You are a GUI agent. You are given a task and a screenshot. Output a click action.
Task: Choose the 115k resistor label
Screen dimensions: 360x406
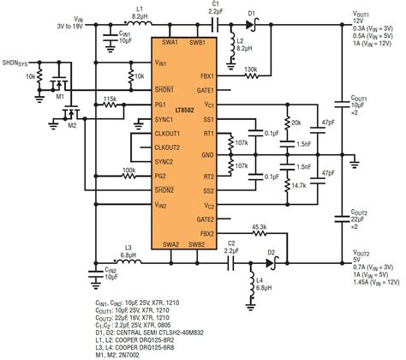pyautogui.click(x=110, y=99)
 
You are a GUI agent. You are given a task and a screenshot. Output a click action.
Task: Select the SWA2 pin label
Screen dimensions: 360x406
pyautogui.click(x=169, y=243)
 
